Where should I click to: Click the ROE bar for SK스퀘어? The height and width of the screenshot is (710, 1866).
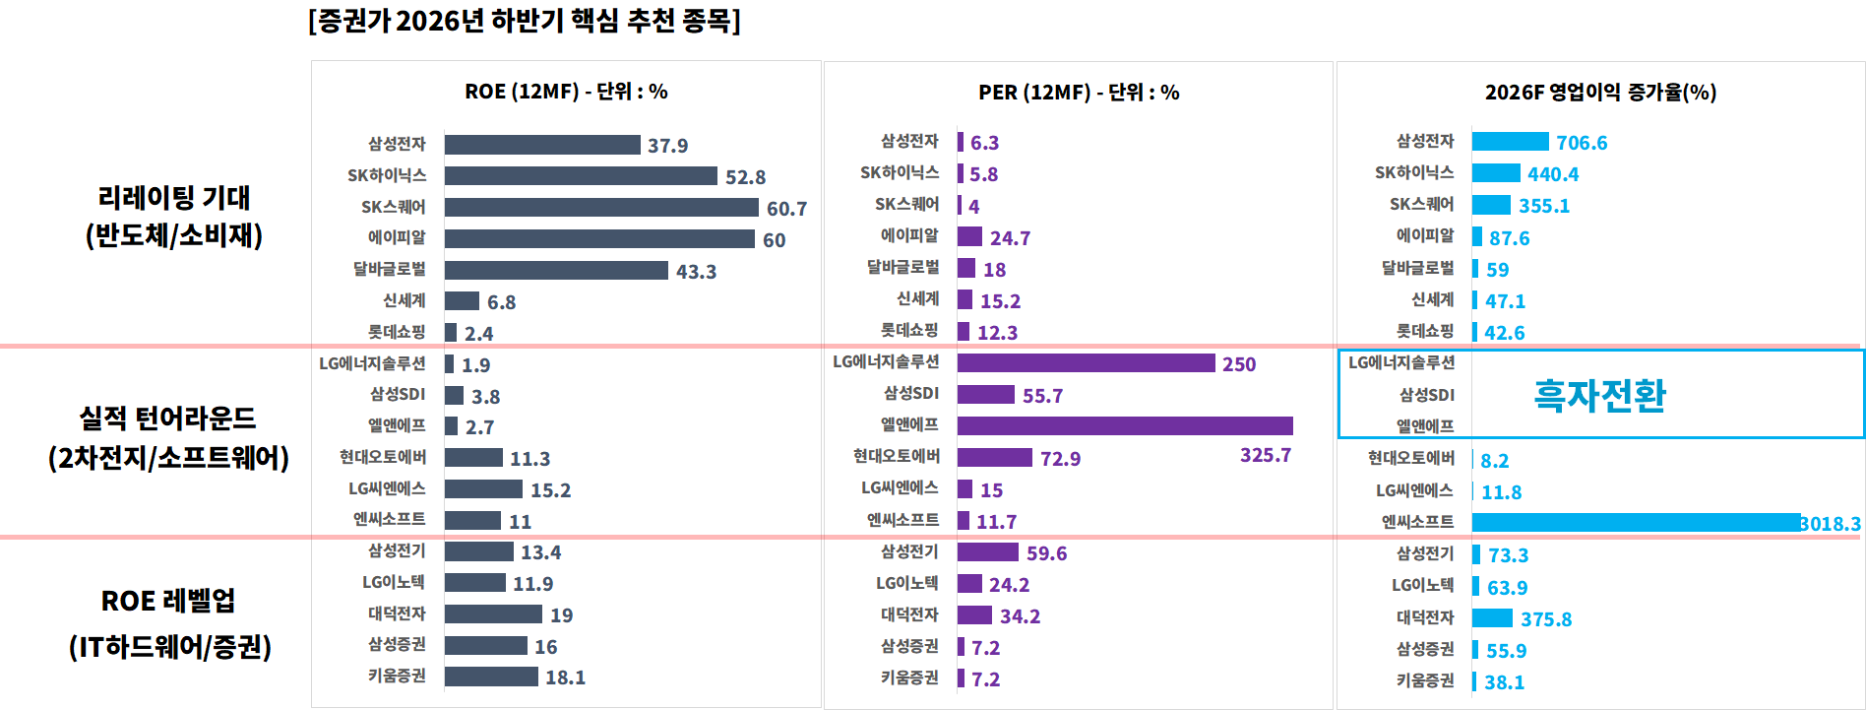pos(601,208)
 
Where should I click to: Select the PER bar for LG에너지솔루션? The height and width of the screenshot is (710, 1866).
pos(1087,363)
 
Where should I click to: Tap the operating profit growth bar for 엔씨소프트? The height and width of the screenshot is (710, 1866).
pos(1636,523)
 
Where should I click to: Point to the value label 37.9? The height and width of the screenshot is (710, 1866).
pos(667,146)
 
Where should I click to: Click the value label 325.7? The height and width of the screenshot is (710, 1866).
pos(1266,455)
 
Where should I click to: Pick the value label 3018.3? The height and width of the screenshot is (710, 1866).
pos(1831,524)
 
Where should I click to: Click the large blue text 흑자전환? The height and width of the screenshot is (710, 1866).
pos(1599,395)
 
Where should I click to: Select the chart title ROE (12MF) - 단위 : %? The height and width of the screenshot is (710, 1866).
pos(566,92)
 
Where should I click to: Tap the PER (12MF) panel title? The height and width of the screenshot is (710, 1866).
pos(1079,93)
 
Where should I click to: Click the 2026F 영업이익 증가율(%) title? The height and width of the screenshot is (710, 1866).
pos(1601,93)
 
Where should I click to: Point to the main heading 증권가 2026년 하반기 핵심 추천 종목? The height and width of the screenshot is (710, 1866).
pos(525,21)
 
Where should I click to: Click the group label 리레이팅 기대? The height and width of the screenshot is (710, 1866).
pos(174,197)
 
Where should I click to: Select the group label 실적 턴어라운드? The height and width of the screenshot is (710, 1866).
pos(167,419)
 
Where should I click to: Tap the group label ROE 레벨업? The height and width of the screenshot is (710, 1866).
pos(168,601)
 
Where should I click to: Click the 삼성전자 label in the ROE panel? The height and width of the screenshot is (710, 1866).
pos(397,144)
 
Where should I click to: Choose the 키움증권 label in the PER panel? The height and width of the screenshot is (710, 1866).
pos(909,678)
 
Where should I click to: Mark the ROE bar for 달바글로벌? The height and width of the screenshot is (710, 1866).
pos(556,270)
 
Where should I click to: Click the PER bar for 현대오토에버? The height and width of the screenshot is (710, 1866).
pos(995,458)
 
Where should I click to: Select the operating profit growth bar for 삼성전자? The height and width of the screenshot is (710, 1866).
pos(1511,142)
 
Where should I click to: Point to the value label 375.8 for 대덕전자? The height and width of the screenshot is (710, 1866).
pos(1546,619)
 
